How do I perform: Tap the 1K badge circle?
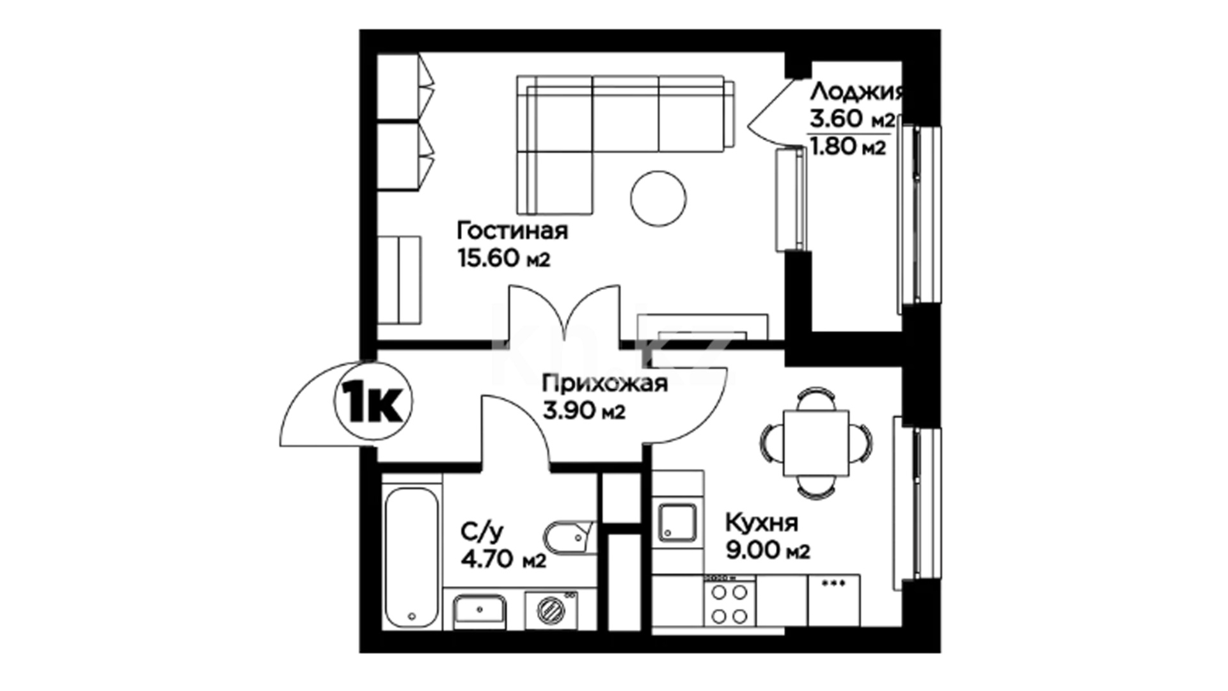[x=374, y=401]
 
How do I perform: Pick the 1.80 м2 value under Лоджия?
[x=848, y=148]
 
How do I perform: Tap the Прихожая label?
[x=605, y=384]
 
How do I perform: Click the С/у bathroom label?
[x=482, y=531]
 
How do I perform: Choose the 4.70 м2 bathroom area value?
[x=503, y=560]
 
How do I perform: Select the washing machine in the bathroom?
[x=551, y=610]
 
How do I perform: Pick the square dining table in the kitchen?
[x=816, y=443]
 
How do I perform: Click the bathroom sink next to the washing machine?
[x=480, y=611]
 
